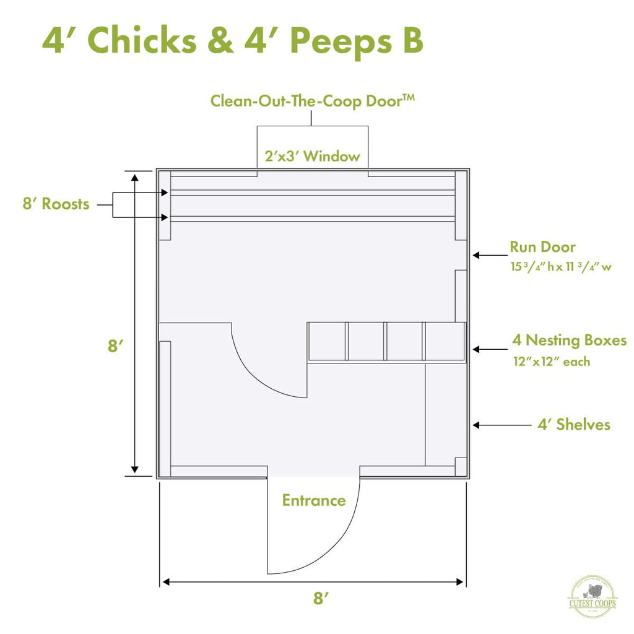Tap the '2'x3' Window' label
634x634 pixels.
point(312,156)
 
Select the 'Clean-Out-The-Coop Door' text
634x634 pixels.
point(312,100)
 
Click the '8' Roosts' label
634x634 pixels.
point(56,204)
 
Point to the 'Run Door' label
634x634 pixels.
point(542,247)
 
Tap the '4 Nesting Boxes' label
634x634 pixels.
point(569,340)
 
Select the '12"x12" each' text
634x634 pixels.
point(551,361)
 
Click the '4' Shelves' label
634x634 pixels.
point(574,424)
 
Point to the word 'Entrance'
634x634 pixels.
point(314,500)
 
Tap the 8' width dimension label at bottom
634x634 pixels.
point(320,599)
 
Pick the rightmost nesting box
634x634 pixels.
point(444,341)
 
